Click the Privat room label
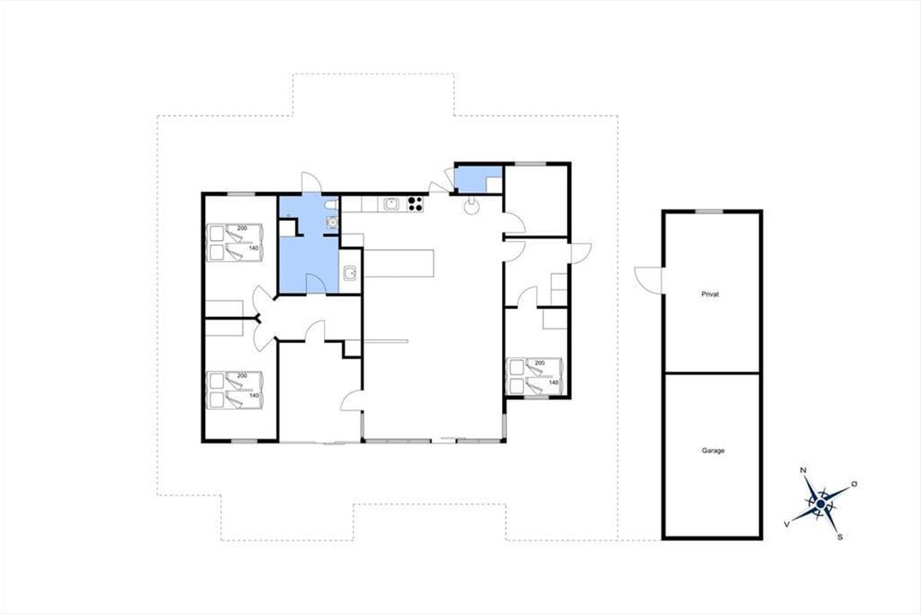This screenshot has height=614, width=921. click(x=710, y=295)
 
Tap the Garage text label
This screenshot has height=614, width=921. click(x=713, y=451)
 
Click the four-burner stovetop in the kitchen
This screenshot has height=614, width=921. click(x=415, y=204)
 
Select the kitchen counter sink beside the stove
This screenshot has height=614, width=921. click(x=391, y=203)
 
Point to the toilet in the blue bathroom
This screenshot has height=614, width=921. click(x=331, y=204)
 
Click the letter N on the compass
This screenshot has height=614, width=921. click(x=803, y=470)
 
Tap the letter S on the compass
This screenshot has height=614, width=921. click(x=840, y=537)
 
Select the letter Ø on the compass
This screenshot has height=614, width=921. click(x=854, y=484)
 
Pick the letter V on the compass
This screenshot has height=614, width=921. click(x=787, y=524)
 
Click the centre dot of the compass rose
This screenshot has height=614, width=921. click(x=820, y=504)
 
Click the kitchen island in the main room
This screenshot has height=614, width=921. click(x=399, y=263)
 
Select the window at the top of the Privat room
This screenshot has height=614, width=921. click(x=709, y=212)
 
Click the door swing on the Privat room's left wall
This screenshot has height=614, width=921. click(x=649, y=280)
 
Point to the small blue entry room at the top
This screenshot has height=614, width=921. click(x=478, y=180)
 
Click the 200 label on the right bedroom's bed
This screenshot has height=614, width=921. click(x=540, y=363)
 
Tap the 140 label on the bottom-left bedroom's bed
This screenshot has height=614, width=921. click(x=254, y=395)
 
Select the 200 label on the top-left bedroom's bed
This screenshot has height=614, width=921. click(x=243, y=228)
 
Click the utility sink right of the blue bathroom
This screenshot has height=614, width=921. click(x=350, y=272)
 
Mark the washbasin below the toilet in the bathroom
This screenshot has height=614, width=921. click(x=332, y=223)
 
